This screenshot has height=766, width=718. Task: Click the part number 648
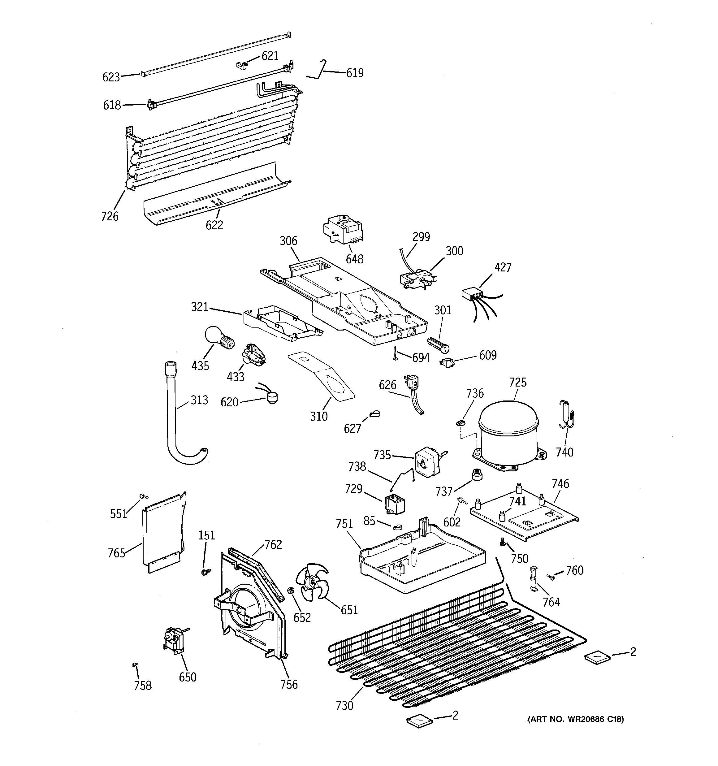(354, 259)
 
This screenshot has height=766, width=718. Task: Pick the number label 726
(110, 216)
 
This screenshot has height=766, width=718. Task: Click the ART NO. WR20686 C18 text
(575, 719)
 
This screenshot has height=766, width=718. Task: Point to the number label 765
(116, 553)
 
